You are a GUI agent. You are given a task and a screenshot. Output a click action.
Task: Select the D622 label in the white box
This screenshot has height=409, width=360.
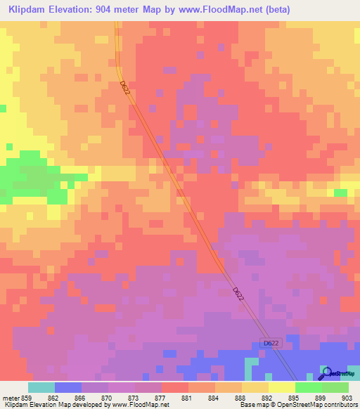271,343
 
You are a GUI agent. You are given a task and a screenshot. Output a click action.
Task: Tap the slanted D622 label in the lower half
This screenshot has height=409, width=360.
239,293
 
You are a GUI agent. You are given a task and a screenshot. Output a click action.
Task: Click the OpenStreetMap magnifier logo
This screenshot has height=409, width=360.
326,372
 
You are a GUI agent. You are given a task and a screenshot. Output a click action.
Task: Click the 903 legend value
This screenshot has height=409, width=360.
347,398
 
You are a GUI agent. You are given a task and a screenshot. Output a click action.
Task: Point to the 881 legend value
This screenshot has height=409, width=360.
186,398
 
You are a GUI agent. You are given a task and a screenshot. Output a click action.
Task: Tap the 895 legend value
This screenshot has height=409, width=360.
293,398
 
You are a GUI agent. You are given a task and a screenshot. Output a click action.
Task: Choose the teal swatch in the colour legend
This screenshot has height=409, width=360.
41,387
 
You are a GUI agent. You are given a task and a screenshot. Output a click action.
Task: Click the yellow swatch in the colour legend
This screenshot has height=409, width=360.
282,387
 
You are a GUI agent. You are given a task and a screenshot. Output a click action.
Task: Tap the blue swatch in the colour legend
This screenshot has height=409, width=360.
68,387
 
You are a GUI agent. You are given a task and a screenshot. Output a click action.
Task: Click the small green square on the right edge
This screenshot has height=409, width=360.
341,193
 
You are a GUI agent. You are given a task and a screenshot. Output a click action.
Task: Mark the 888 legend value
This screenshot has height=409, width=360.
240,398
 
